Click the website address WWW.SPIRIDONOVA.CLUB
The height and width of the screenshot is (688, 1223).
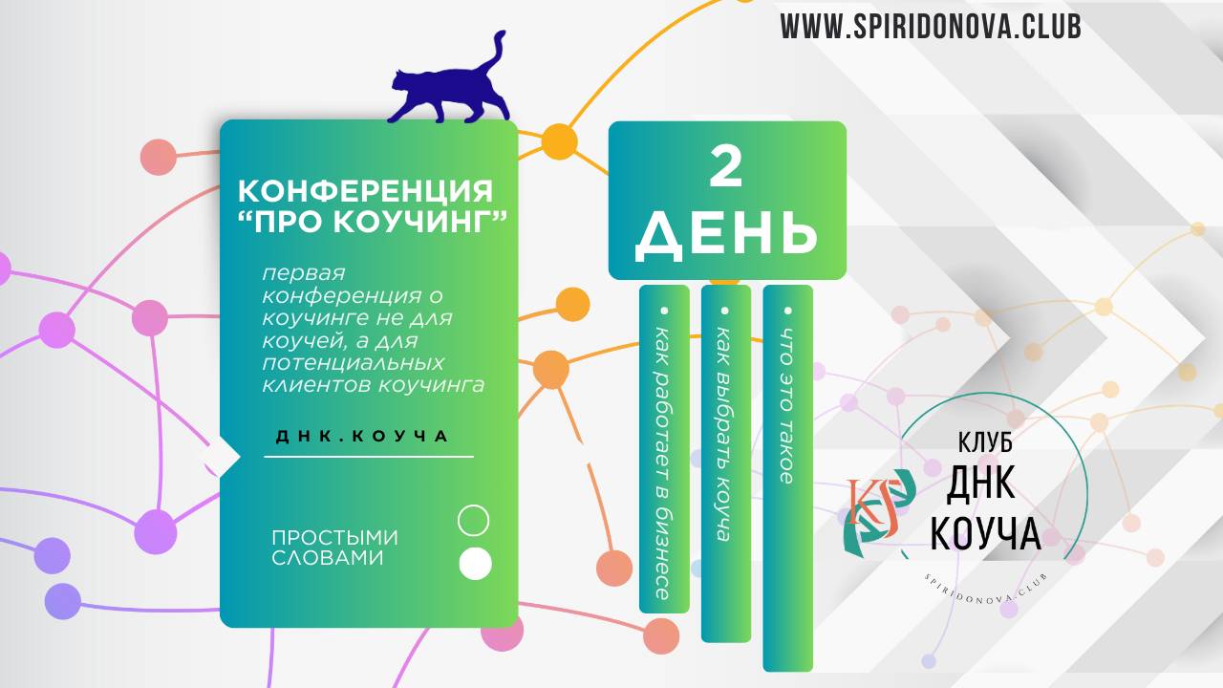click(x=930, y=27)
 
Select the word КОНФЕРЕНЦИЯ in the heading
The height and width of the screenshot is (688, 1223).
click(x=366, y=189)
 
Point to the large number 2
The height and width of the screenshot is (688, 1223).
click(x=726, y=167)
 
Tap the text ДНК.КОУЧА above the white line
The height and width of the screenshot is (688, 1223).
click(x=362, y=436)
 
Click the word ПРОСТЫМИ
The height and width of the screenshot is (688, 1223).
click(x=334, y=538)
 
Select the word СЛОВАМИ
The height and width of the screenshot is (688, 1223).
click(x=328, y=558)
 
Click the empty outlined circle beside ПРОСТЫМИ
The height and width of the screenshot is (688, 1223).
click(x=474, y=521)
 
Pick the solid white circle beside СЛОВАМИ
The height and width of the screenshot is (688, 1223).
click(x=475, y=564)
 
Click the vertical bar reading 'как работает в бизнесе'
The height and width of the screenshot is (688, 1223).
click(x=664, y=449)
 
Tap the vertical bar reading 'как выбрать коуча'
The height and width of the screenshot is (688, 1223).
click(x=725, y=463)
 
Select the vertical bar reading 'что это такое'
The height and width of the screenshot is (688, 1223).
click(x=787, y=478)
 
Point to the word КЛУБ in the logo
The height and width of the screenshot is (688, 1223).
click(x=984, y=444)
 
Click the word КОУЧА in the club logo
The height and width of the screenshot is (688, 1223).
click(x=985, y=534)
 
